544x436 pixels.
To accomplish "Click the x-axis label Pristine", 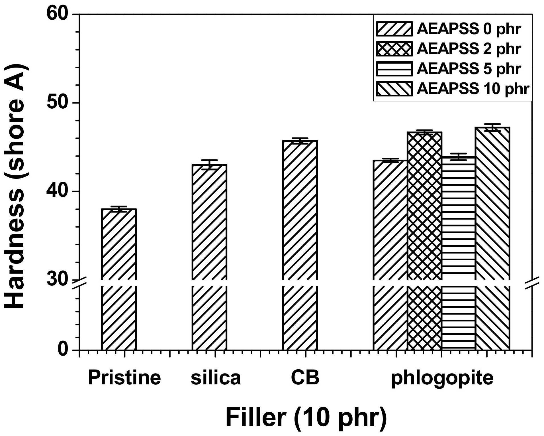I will tap(124, 378).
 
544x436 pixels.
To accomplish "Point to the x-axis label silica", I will tap(216, 378).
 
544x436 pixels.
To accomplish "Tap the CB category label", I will tap(305, 378).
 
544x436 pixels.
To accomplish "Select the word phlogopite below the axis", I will tap(442, 379).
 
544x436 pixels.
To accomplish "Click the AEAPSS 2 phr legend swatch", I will tap(394, 49).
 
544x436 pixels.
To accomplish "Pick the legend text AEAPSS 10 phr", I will tap(473, 89).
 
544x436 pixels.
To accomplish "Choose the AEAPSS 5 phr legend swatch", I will tap(394, 69).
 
